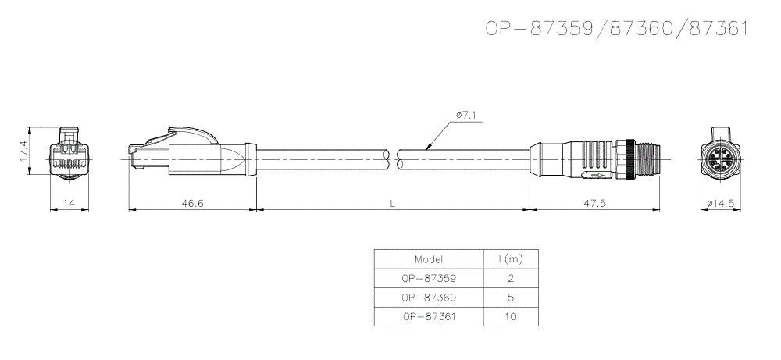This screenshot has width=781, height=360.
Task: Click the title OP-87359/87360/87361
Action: (617, 29)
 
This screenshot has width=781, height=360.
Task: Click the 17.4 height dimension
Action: (23, 151)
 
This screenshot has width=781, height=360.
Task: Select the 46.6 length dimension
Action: (192, 203)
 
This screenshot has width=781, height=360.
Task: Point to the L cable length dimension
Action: (393, 203)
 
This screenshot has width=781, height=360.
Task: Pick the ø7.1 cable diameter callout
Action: (466, 116)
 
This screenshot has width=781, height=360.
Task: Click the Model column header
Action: (429, 258)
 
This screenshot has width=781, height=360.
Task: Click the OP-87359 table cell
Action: (429, 278)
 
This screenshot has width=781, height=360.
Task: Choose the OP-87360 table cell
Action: (429, 298)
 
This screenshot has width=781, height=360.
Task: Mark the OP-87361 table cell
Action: (429, 317)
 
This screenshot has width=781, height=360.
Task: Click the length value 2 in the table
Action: (510, 278)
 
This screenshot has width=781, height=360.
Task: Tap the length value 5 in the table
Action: (510, 298)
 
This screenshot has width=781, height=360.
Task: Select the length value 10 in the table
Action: (510, 317)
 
